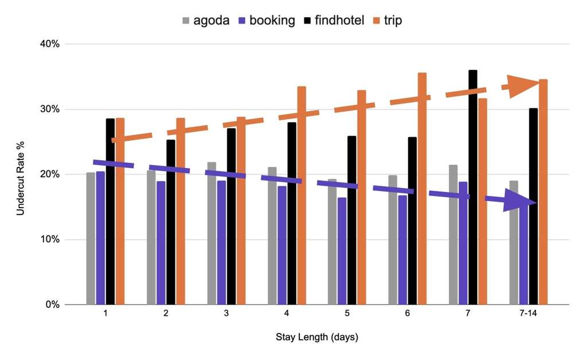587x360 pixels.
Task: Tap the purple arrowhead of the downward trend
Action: coord(519,200)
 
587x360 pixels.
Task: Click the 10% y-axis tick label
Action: coord(48,239)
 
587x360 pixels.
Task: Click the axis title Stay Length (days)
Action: coord(316,337)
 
